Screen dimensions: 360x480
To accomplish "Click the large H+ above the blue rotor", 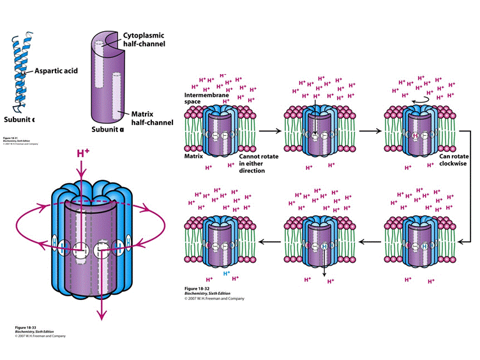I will [83, 154].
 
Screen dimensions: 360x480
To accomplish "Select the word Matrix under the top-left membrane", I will [193, 155].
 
